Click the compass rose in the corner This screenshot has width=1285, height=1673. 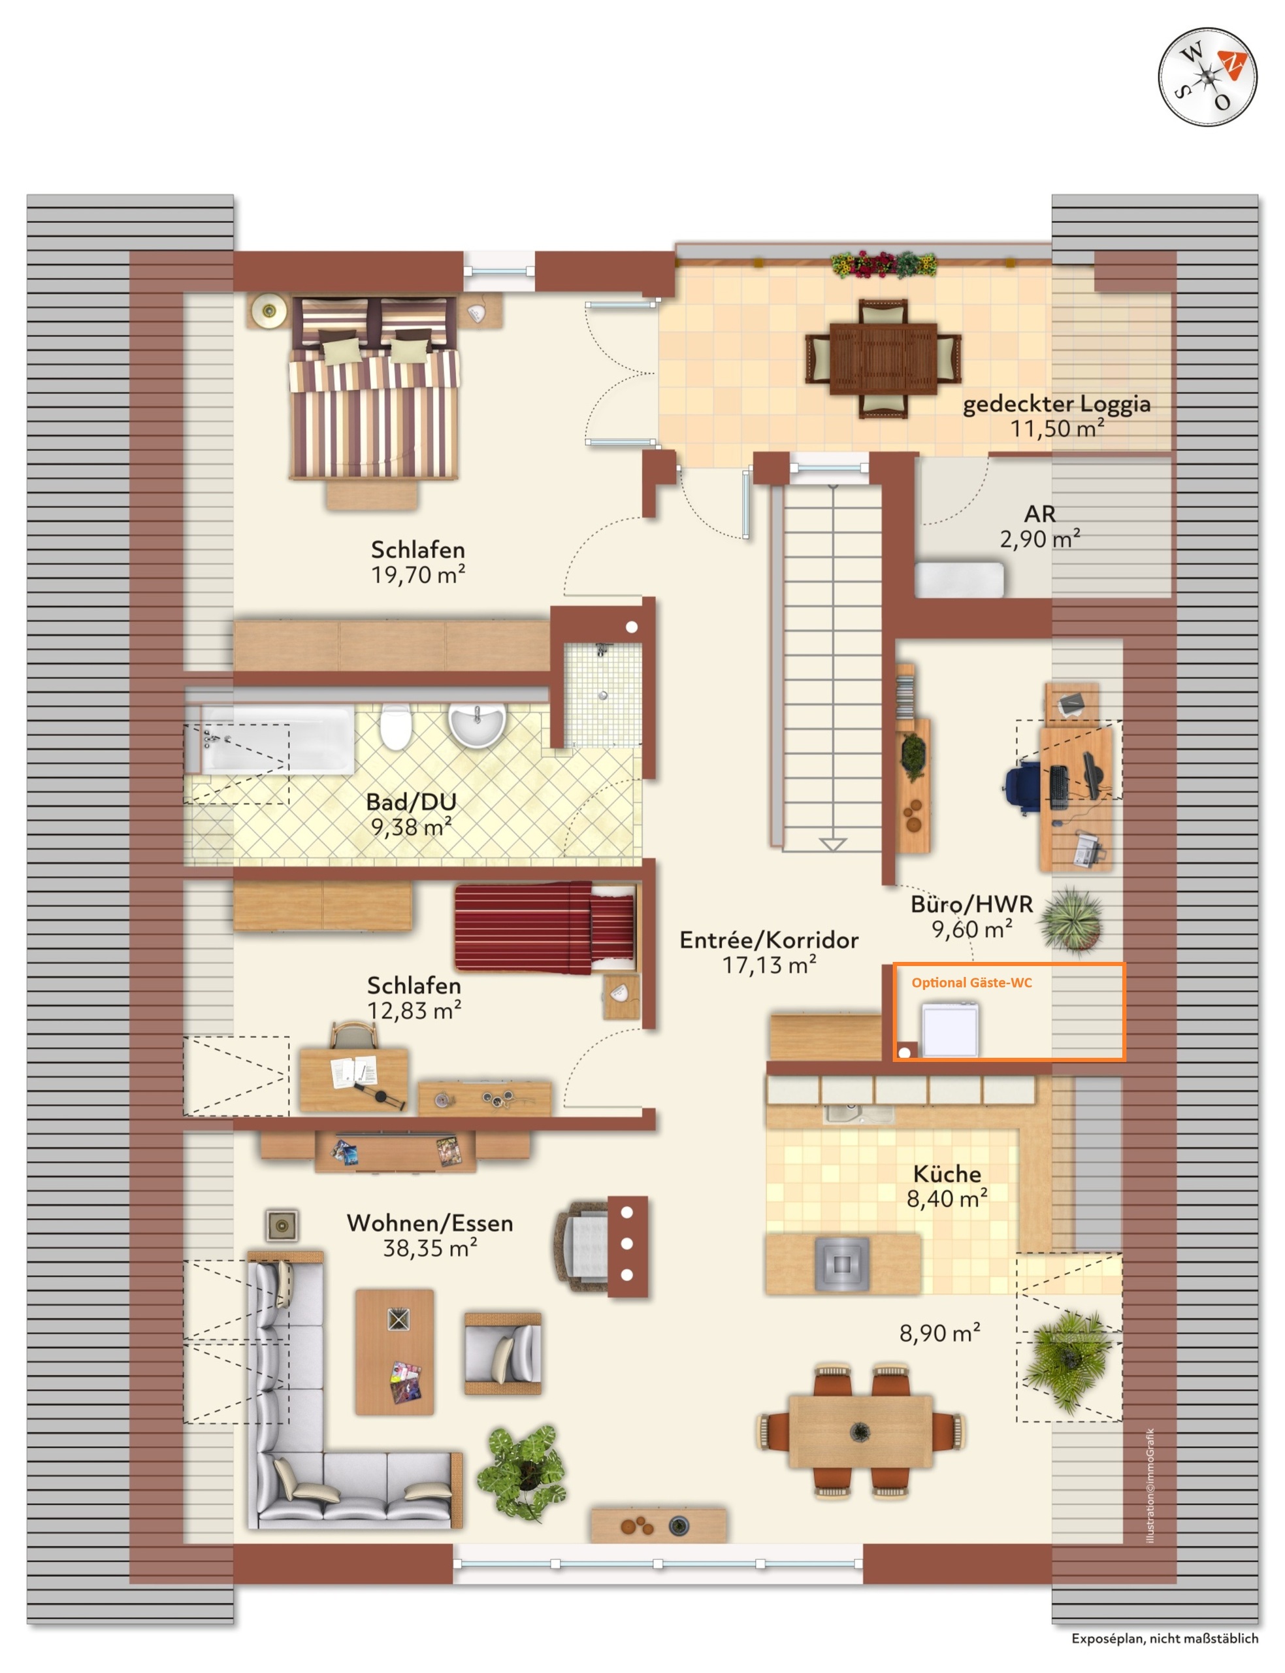coord(1207,76)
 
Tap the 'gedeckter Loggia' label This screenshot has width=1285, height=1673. coord(1056,403)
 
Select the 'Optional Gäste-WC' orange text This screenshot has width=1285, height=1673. coord(971,983)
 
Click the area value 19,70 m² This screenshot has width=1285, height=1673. coord(418,574)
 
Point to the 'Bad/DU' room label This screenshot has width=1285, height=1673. coord(412,802)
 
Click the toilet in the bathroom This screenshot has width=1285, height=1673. coord(395,727)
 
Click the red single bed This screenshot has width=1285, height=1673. coord(546,928)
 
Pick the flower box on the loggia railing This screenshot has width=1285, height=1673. coord(884,264)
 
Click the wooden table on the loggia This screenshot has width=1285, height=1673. coord(883,359)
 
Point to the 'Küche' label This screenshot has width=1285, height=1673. coord(947,1174)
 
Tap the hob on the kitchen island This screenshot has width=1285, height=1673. coord(841,1264)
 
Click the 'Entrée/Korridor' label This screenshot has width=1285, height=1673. coord(769,940)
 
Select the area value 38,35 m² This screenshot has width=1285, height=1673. coord(430,1248)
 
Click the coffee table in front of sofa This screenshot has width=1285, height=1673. coord(395,1351)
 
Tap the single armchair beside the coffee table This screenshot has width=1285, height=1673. coord(503,1353)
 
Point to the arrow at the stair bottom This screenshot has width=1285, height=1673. coord(832,844)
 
